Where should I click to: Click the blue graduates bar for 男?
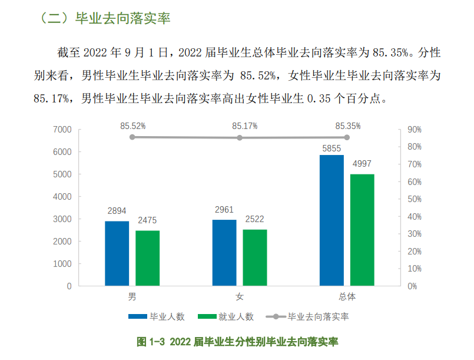point(117,253)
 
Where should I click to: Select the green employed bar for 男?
point(147,258)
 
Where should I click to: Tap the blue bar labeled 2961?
point(224,253)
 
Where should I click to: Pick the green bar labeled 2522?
point(255,257)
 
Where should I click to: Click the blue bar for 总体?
point(332,220)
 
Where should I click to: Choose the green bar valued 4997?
point(362,230)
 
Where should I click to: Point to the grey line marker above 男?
point(132,137)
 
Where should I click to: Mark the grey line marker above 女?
point(240,138)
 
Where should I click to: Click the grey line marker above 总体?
point(347,137)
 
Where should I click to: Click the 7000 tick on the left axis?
point(62,130)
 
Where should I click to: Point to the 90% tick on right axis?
point(414,130)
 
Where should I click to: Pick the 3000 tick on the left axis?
point(62,219)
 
